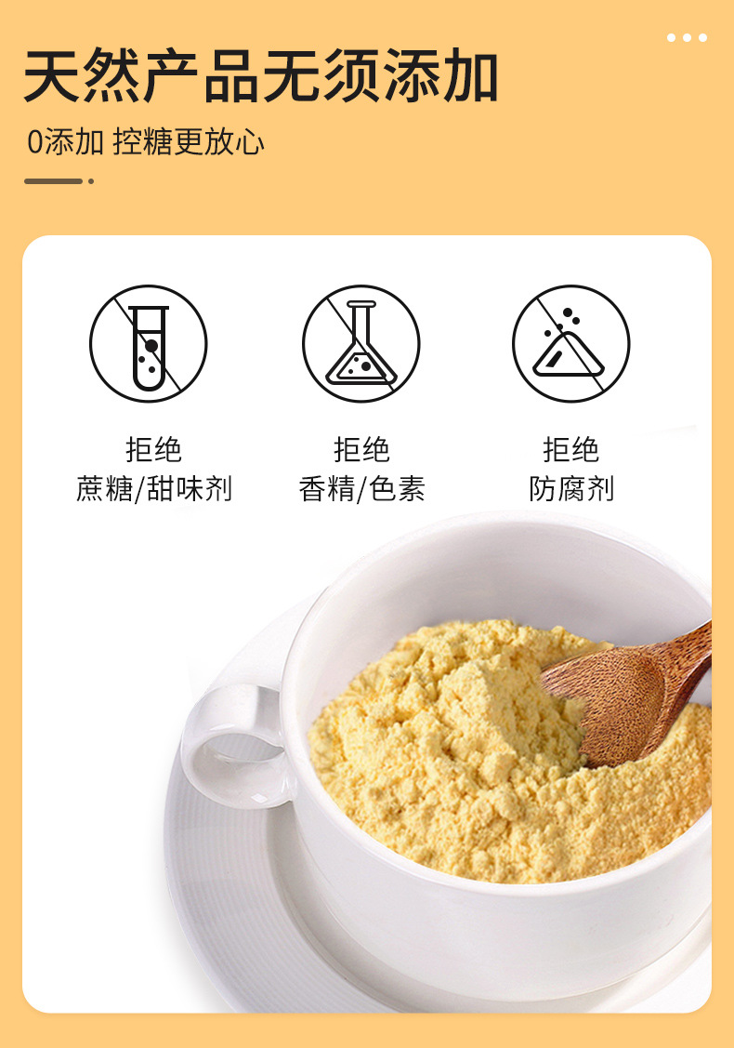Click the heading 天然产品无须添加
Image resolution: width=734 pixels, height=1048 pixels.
tap(260, 75)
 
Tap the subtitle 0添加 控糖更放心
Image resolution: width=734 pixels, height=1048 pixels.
tap(146, 141)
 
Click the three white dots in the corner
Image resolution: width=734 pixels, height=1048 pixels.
tap(687, 37)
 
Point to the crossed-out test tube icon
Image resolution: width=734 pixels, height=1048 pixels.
tap(149, 343)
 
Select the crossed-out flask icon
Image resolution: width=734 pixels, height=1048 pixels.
tap(361, 343)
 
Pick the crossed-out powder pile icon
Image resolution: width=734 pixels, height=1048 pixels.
tap(571, 343)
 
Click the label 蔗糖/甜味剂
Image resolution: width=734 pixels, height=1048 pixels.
tap(154, 488)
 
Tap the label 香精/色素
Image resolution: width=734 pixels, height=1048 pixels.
tap(362, 488)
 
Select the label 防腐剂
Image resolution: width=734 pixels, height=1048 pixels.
tap(571, 488)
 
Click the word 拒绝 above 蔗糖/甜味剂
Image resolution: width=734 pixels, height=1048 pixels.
tap(153, 449)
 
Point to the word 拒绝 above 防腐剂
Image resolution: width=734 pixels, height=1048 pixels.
tap(571, 449)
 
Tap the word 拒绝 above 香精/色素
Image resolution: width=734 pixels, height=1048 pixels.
tap(362, 449)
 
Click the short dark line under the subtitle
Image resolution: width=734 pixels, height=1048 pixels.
tap(54, 181)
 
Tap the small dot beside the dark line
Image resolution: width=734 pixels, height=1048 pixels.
tap(91, 181)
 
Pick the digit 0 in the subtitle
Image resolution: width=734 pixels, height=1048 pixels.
tap(34, 142)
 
